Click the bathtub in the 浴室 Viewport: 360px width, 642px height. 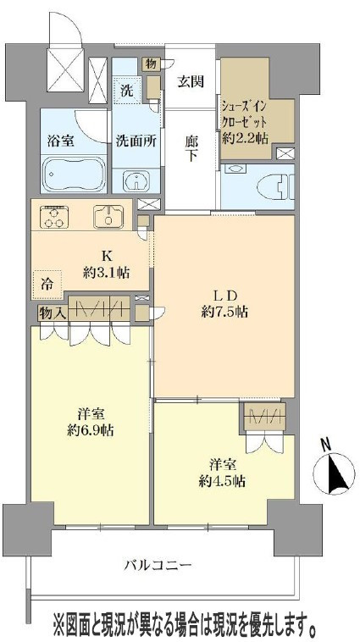click(74, 174)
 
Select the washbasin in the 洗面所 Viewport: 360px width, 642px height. click(136, 180)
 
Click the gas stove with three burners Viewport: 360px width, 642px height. click(53, 216)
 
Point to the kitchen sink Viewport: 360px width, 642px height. click(108, 217)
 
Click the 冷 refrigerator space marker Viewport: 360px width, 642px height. click(47, 285)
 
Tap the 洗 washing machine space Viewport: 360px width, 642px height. click(127, 91)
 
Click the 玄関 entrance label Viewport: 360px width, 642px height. click(191, 81)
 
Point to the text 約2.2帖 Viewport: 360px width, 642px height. click(245, 138)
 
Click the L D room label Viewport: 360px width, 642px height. click(224, 296)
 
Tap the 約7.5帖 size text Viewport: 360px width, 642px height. click(224, 313)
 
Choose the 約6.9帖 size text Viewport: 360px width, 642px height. click(91, 431)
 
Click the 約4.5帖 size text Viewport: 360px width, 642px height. click(222, 481)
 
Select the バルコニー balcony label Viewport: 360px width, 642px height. click(158, 566)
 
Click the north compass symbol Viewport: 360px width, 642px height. click(334, 473)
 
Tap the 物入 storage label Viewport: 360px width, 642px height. click(52, 313)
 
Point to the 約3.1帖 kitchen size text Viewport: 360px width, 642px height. click(107, 273)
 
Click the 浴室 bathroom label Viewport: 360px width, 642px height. click(61, 141)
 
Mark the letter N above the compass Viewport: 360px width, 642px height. click(326, 445)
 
